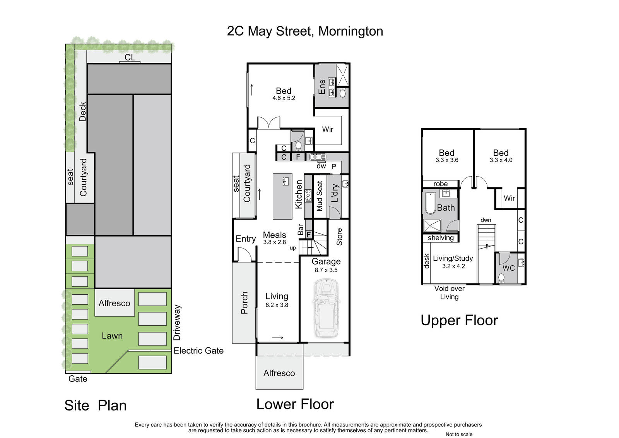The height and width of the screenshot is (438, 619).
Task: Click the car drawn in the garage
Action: (327, 308)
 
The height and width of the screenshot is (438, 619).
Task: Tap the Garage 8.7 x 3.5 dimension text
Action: (326, 270)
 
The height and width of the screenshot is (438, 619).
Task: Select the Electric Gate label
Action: (198, 350)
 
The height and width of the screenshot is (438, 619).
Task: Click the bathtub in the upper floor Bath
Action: (430, 203)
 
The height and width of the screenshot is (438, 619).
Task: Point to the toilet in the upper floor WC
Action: (501, 278)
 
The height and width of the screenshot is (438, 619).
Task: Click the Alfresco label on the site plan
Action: (114, 303)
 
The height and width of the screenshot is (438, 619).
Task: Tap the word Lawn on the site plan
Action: (112, 336)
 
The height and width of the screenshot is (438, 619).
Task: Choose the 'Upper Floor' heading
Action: (459, 320)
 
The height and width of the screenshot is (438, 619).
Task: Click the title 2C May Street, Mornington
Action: (305, 31)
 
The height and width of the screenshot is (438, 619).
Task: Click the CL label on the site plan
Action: (130, 57)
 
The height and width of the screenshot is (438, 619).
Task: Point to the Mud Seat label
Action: (320, 196)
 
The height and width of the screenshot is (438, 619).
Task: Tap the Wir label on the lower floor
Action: (328, 129)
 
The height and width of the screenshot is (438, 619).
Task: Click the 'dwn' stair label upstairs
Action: (486, 220)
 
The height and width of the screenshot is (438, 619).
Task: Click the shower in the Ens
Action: (343, 75)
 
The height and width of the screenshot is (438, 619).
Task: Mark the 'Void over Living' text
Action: (449, 293)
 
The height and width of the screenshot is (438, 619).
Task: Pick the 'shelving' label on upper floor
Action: (441, 238)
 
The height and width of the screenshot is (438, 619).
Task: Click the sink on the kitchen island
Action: (286, 182)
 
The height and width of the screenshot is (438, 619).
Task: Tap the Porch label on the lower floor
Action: (244, 303)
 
